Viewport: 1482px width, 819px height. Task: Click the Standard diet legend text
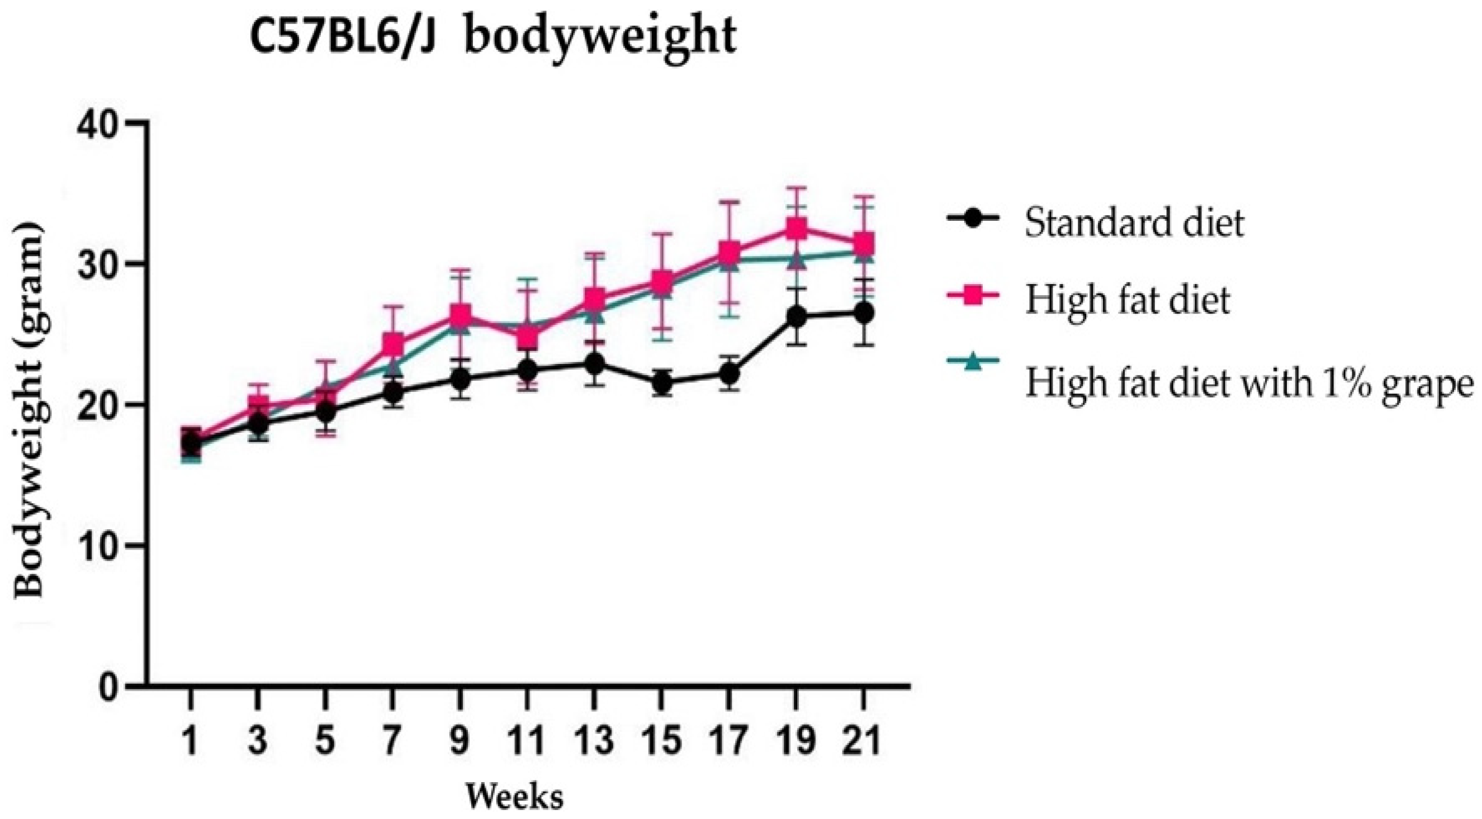(x=1133, y=222)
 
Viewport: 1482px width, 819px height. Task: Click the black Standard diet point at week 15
(x=662, y=382)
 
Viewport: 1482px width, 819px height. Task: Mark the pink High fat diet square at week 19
(x=796, y=229)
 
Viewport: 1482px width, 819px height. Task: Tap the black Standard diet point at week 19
(x=796, y=316)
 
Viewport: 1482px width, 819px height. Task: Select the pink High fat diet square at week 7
(x=393, y=344)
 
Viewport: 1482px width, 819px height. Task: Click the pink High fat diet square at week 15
(x=662, y=282)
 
